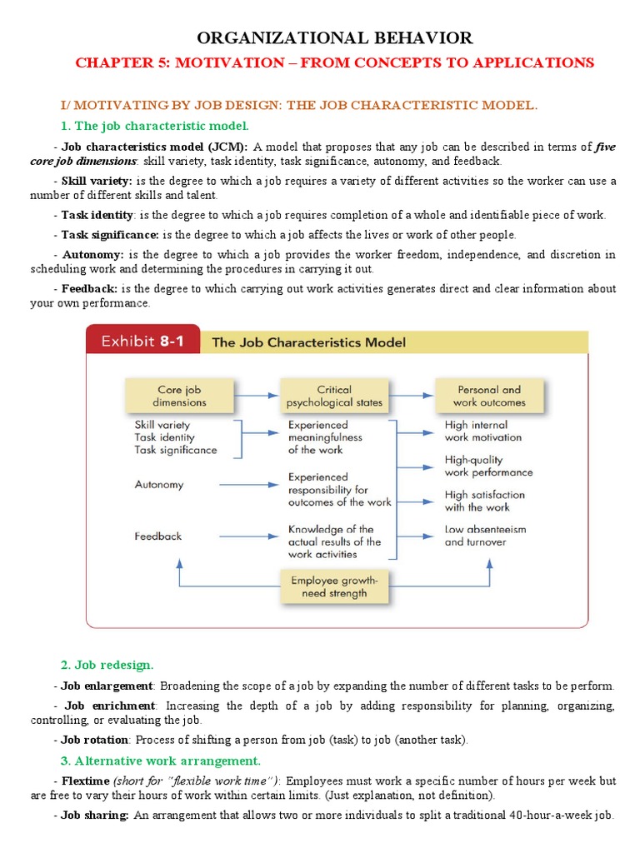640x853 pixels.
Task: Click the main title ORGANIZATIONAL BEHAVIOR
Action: (334, 37)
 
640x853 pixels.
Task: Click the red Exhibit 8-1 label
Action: (142, 341)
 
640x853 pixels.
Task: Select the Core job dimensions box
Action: (181, 396)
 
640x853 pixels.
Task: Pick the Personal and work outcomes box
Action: (489, 396)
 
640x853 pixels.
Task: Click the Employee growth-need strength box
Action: (335, 586)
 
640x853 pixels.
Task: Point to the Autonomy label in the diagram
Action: (159, 484)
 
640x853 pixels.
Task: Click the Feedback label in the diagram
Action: (157, 536)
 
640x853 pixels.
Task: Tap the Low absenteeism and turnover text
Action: (485, 535)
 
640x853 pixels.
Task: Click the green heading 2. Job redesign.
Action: (107, 665)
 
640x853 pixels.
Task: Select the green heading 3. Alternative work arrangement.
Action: (161, 761)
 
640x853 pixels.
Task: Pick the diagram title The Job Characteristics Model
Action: (309, 342)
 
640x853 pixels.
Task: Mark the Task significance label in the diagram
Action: (175, 450)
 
